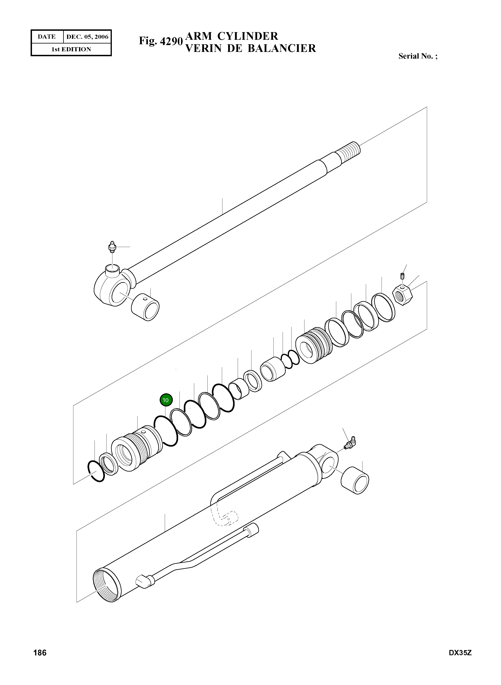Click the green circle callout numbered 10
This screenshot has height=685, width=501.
166,400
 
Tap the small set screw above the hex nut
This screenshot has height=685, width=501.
403,276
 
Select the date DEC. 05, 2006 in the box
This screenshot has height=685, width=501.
87,37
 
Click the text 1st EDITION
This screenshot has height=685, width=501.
71,49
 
